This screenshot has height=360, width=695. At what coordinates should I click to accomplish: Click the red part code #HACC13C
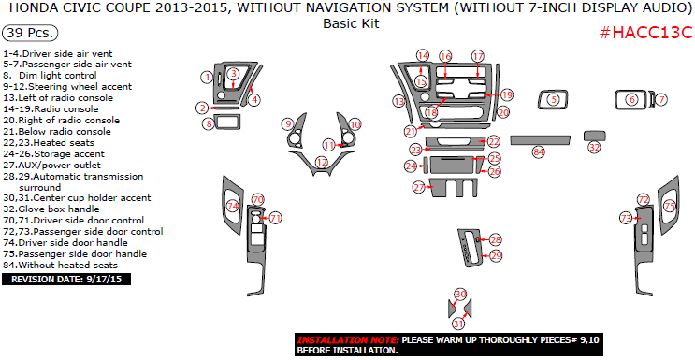point(644,34)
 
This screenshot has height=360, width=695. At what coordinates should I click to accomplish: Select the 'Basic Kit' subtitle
point(351,23)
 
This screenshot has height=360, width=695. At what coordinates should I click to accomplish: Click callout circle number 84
point(538,151)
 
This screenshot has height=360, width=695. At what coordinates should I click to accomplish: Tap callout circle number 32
point(594,147)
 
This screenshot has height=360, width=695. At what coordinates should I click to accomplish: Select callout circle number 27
point(418,188)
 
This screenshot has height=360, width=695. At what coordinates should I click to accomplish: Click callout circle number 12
point(321,162)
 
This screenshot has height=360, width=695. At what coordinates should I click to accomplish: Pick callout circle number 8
point(208,123)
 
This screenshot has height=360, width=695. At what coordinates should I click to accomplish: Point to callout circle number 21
point(410,131)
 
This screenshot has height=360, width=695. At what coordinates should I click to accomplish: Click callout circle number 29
point(496,255)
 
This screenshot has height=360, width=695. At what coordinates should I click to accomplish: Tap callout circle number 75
point(669,206)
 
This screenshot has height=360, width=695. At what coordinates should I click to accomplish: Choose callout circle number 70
point(258,199)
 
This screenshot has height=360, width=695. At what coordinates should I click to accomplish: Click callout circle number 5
point(554,99)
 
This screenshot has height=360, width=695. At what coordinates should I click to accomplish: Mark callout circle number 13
point(398,101)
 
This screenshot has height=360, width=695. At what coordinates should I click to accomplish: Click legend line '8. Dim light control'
point(51,75)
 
